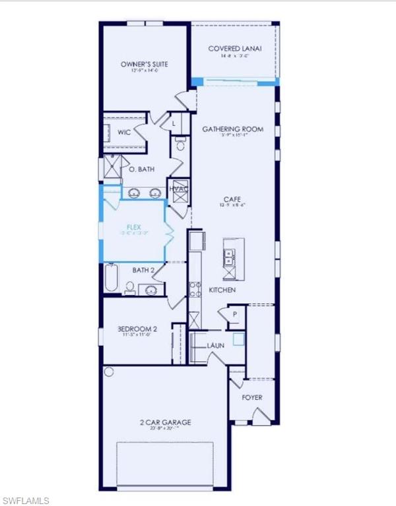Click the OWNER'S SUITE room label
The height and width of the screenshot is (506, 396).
144,64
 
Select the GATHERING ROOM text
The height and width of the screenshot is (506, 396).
232,129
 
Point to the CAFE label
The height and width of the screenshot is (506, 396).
230,198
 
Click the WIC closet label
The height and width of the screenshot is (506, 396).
124,132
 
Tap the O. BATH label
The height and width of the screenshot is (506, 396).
141,169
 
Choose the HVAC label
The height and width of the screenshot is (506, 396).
179,189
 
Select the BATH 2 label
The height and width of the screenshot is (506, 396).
143,269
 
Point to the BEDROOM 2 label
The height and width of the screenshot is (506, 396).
137,329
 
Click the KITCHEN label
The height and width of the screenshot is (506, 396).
222,290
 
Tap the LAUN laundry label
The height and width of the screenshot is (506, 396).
216,345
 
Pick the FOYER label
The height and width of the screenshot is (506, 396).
252,397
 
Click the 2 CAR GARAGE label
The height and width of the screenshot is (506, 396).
165,422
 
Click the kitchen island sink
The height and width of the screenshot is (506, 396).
230,256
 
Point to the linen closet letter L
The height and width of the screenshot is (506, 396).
173,123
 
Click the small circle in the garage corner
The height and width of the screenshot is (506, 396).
108,372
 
